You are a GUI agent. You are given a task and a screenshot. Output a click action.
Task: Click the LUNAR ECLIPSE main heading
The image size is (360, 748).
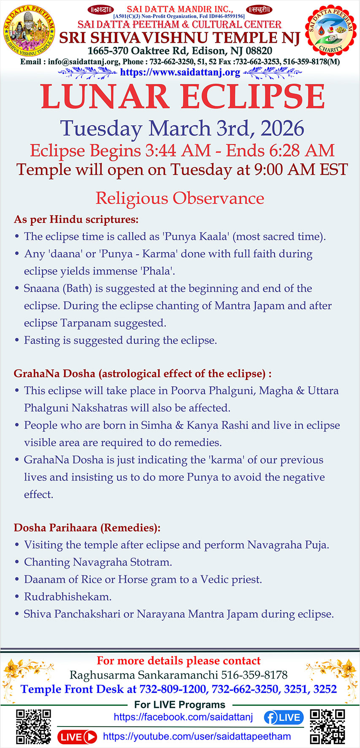(182, 98)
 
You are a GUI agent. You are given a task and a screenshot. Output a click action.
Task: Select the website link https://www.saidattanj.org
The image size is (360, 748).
(180, 72)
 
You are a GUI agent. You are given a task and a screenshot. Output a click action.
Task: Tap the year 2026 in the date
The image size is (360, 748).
(282, 129)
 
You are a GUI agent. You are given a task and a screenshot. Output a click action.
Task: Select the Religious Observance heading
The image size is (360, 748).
(180, 198)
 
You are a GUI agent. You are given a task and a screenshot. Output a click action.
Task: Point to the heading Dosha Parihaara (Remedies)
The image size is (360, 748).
(87, 528)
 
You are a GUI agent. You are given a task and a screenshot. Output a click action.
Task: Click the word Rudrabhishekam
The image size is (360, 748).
(68, 597)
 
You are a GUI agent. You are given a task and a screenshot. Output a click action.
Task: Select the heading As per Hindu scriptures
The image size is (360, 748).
(76, 220)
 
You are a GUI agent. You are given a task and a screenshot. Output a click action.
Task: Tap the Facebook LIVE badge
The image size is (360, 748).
(284, 717)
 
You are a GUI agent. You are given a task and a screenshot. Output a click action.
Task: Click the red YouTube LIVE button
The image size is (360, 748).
(77, 737)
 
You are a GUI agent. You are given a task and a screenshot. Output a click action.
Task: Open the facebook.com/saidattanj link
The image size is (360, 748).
(183, 717)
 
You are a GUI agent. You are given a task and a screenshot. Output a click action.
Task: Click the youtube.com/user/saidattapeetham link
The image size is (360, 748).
(197, 737)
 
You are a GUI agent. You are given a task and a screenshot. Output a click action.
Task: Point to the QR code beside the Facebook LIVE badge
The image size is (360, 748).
(328, 726)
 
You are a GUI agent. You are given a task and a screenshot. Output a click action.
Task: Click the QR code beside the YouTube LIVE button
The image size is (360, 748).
(33, 726)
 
